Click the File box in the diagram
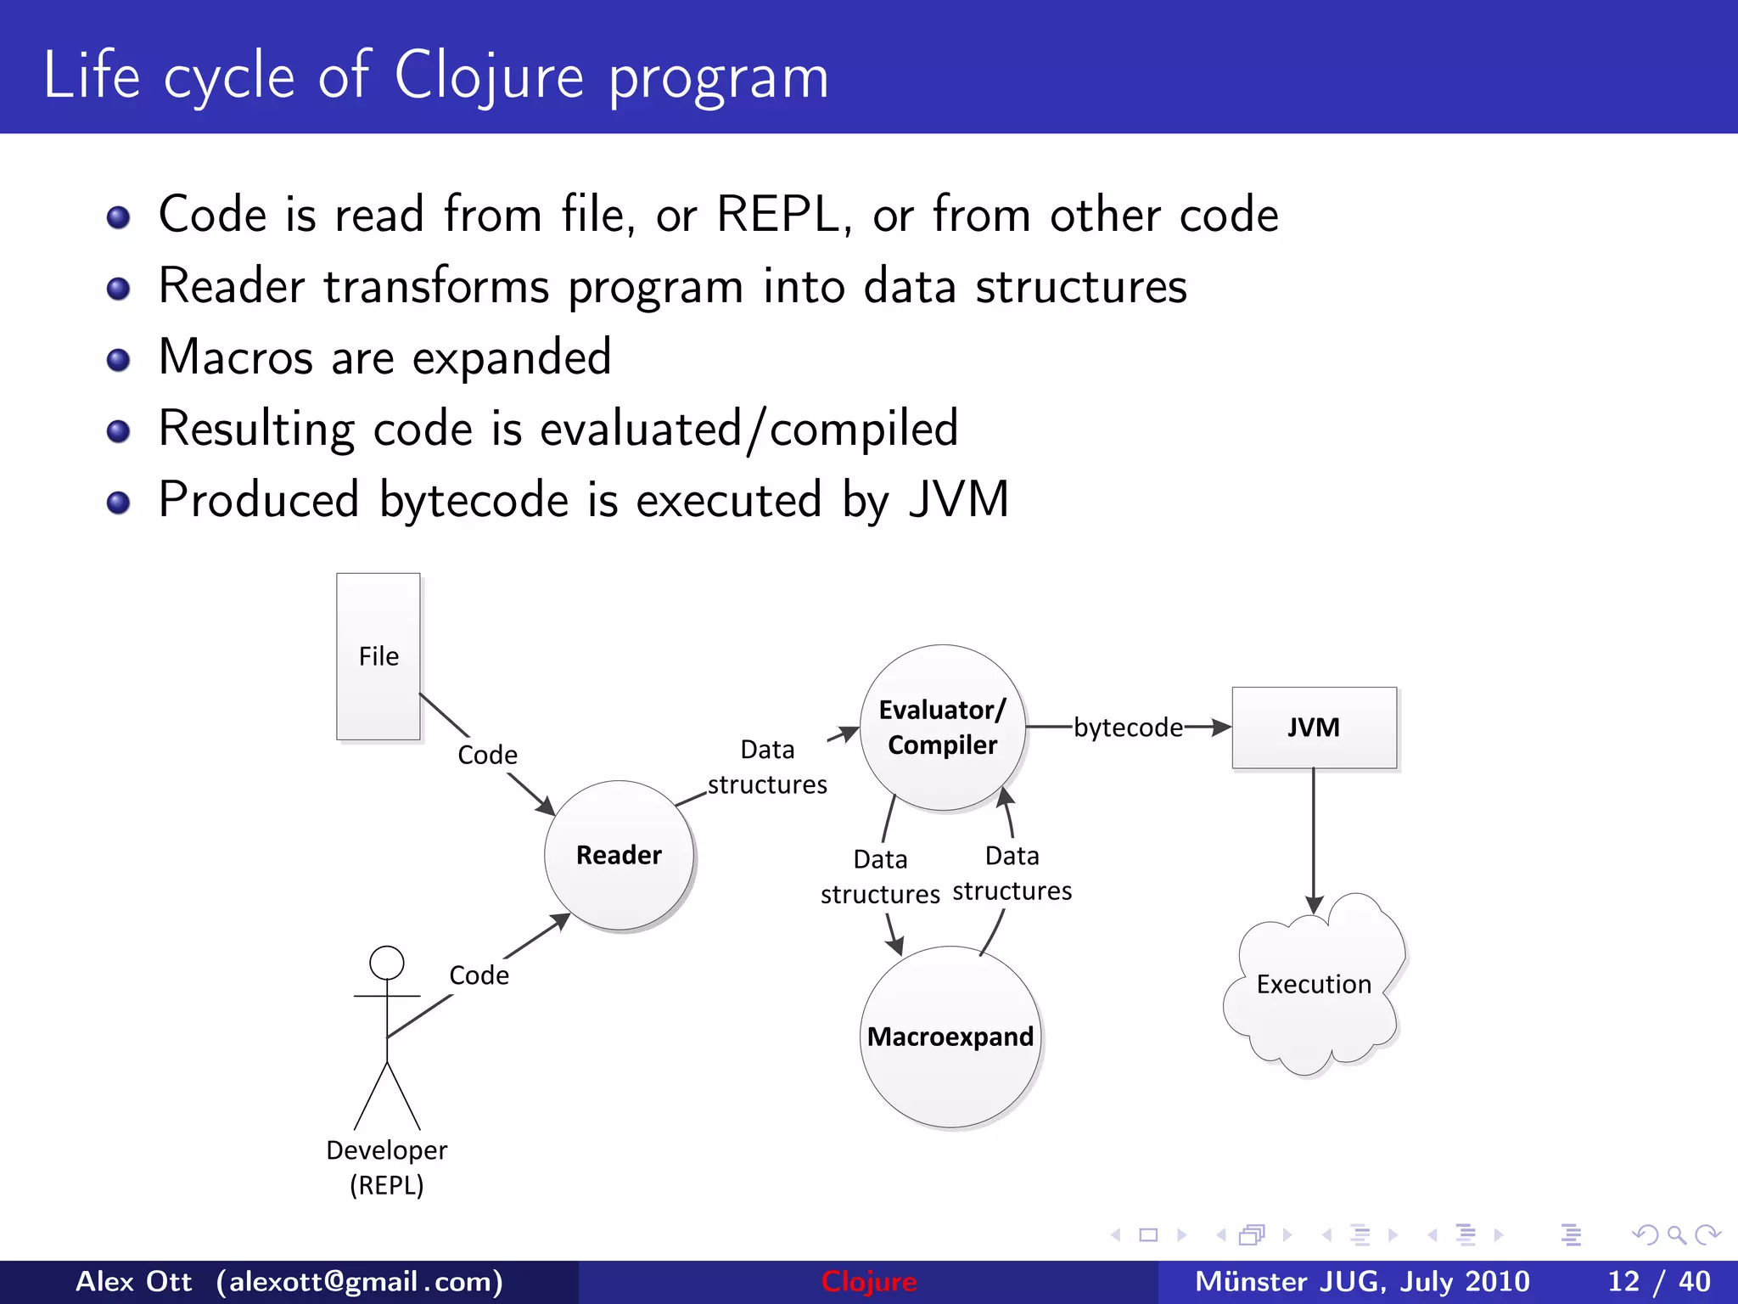pos(378,656)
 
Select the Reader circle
pos(619,855)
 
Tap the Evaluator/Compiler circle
pos(942,728)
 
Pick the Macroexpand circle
pos(950,1037)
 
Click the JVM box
pos(1314,728)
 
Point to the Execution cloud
pos(1314,985)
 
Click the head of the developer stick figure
pos(387,964)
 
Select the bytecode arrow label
pos(1128,728)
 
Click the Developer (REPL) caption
pos(387,1167)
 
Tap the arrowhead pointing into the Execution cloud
pos(1314,905)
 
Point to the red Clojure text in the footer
pos(869,1281)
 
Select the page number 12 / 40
pos(1659,1281)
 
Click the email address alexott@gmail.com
pos(360,1281)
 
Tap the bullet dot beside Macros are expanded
pos(119,361)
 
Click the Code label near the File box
pos(487,755)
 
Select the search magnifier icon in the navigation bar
pos(1676,1235)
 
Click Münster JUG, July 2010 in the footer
pos(1362,1281)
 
